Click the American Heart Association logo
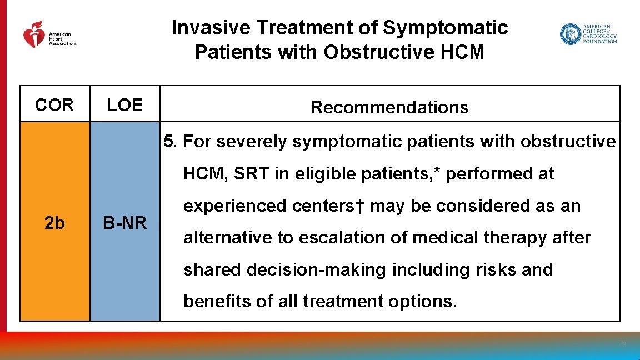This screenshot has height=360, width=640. point(49,34)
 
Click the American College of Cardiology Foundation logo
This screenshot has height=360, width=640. point(588,34)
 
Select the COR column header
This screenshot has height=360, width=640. point(54,105)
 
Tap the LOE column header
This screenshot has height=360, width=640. point(124,105)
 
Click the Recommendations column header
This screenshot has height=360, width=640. point(389,107)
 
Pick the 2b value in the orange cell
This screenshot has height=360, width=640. point(54,223)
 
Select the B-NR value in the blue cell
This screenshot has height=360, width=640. point(124,223)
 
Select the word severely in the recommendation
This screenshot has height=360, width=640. point(253,142)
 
